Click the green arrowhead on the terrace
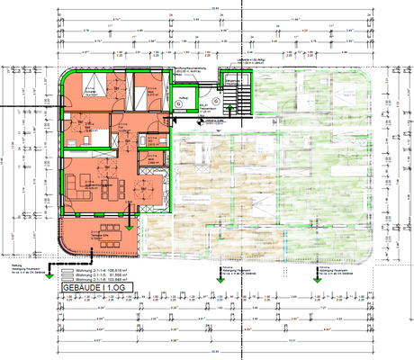[x=130, y=227]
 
